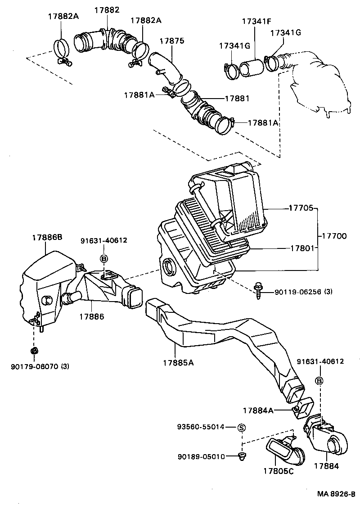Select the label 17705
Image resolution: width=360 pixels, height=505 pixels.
[300, 209]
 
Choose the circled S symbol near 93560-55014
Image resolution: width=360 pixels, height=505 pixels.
[241, 427]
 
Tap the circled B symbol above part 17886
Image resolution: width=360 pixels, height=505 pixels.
[103, 258]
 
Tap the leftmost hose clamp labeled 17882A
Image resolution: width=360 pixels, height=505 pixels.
[62, 49]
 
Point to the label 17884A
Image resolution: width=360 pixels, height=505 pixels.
[258, 410]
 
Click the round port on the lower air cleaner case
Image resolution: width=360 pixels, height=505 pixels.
[170, 267]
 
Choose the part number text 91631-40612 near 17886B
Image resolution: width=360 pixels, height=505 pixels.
[103, 240]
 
